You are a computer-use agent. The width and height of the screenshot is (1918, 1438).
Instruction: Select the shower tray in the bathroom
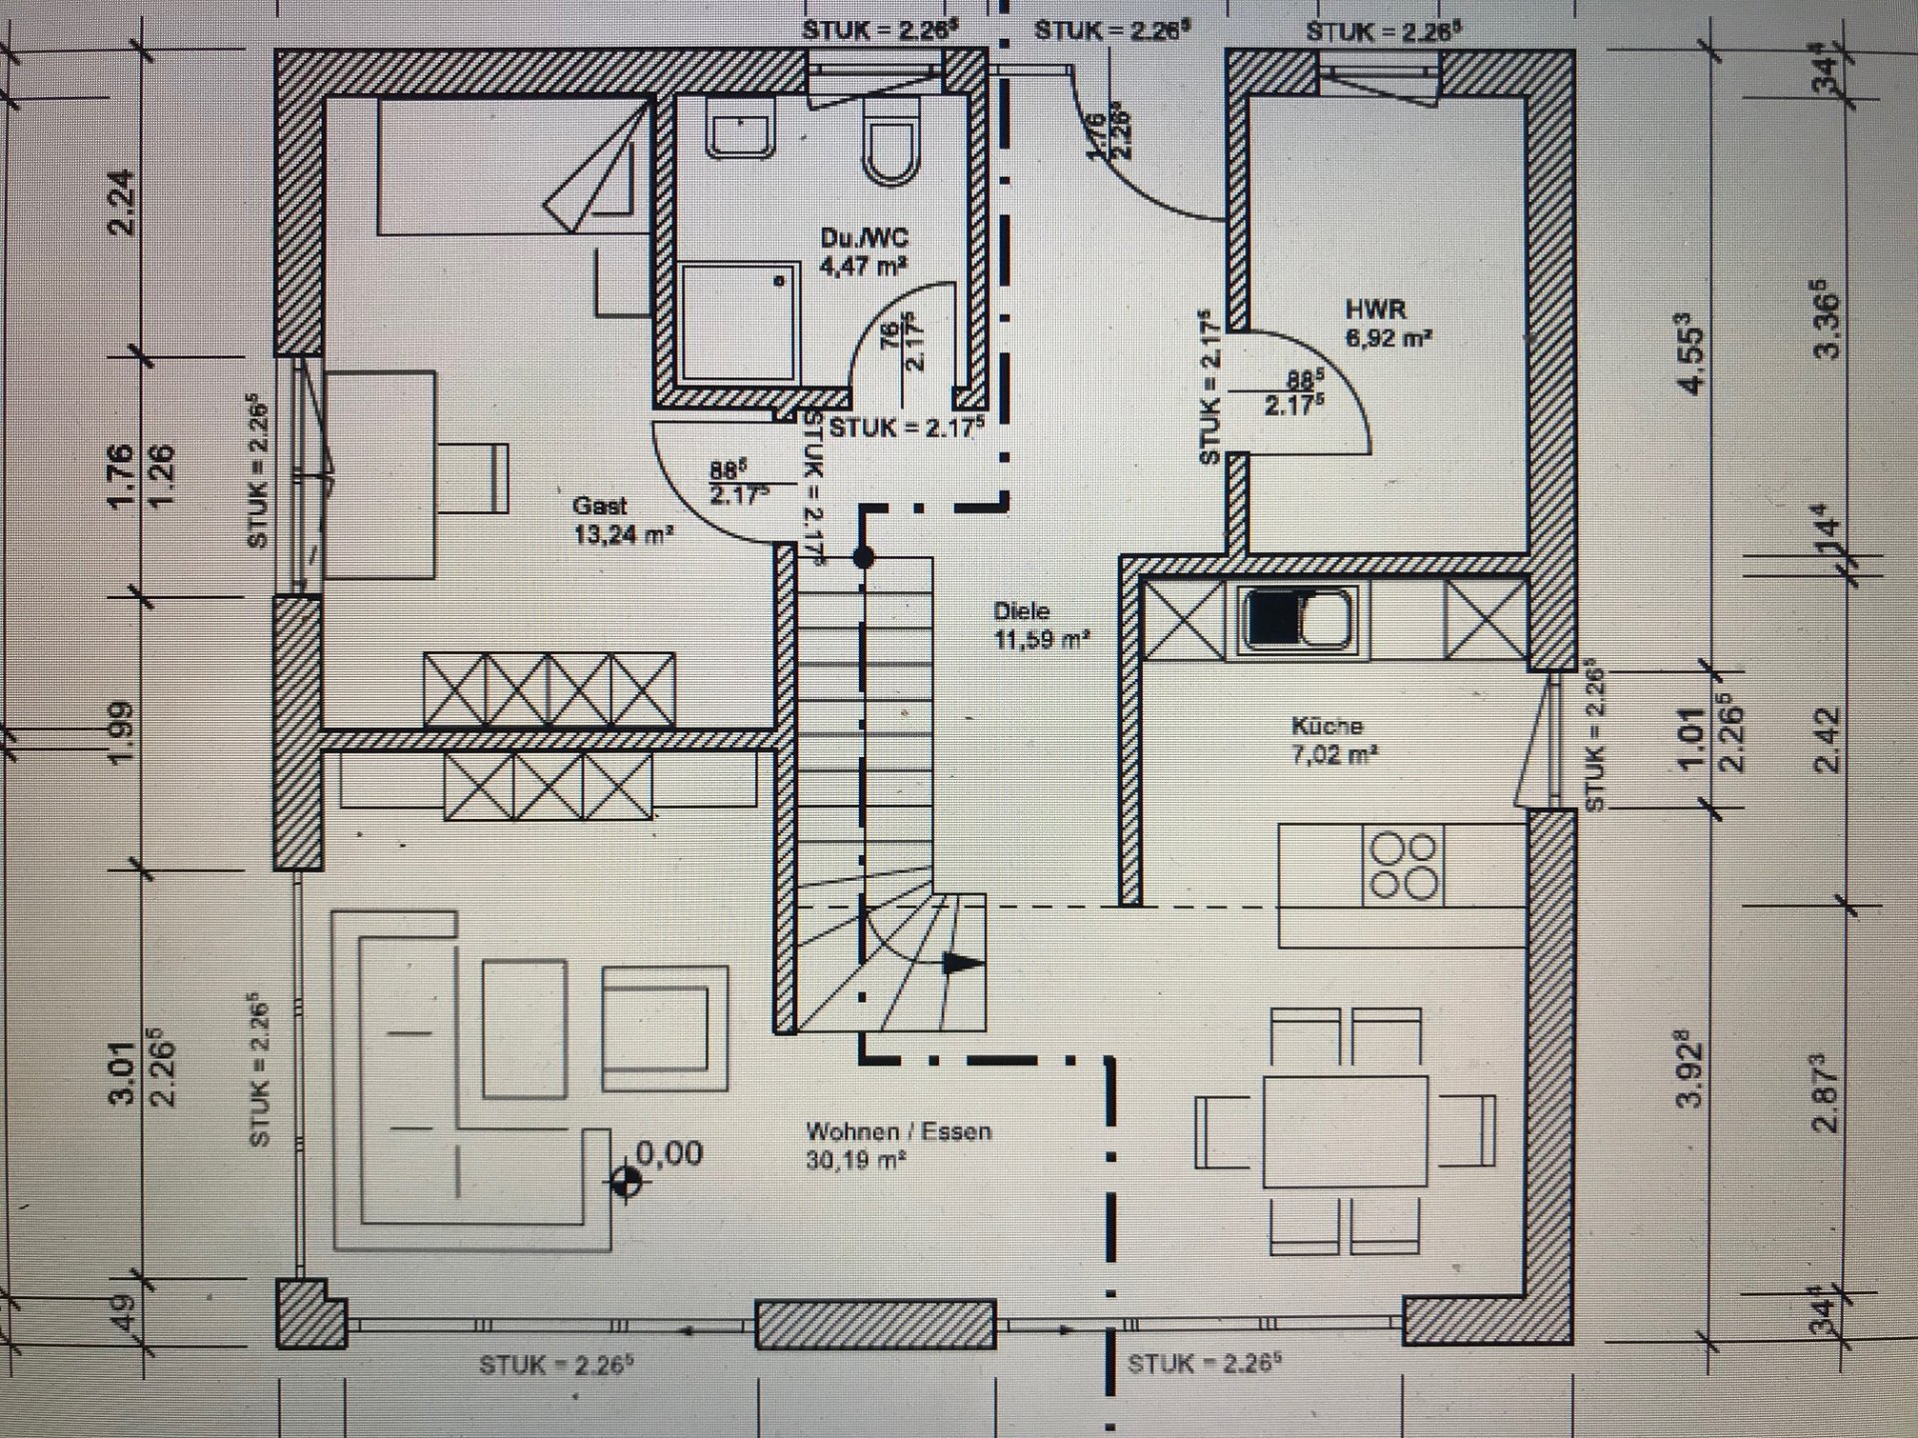coord(738,322)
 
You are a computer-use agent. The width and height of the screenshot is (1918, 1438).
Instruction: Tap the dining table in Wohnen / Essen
coord(1346,1129)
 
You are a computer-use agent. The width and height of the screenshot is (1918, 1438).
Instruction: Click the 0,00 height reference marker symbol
coord(626,1182)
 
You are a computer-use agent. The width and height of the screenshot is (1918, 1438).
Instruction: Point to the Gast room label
coord(600,506)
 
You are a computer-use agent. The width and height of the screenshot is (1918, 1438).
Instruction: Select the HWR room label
coord(1375,311)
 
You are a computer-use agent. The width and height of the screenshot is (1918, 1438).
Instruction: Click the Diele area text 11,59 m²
coord(1041,639)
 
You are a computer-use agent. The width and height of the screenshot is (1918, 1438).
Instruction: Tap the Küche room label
coord(1326,726)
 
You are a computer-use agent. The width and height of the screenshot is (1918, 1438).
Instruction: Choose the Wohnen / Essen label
coord(898,1131)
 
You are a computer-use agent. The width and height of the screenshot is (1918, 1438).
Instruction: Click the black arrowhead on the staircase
coord(962,964)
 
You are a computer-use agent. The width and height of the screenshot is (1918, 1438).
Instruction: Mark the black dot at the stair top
coord(864,557)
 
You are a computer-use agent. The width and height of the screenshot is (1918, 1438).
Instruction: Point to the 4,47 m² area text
coord(863,266)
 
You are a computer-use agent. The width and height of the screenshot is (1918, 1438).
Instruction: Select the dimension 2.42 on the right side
coord(1827,740)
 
